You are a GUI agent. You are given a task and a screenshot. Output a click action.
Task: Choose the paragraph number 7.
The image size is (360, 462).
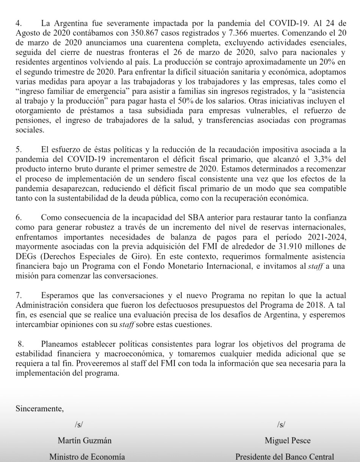pos(19,295)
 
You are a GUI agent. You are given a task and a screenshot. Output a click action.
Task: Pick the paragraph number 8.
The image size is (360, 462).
pos(21,344)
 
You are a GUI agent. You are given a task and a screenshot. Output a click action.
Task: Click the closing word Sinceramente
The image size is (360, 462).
pos(39,409)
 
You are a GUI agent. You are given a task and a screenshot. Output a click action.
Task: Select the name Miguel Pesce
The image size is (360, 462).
pos(282,440)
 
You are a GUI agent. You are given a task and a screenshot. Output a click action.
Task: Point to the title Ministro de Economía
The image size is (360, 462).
pos(87,457)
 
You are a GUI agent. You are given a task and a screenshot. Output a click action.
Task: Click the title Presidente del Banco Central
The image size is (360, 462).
pos(285,457)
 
